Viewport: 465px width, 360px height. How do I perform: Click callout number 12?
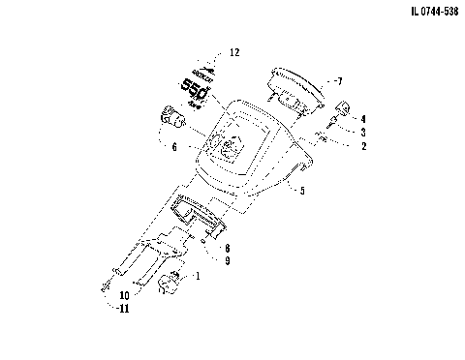coord(233,52)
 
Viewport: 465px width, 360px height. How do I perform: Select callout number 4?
coord(363,118)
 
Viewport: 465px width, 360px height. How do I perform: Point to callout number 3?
coord(363,132)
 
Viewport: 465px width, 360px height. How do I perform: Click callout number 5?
coord(302,192)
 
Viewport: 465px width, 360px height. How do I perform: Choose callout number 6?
coord(173,147)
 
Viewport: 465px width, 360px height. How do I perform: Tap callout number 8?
coord(227,248)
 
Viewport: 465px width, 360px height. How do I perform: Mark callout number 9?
coord(227,260)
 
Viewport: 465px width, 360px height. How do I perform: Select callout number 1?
coord(199,276)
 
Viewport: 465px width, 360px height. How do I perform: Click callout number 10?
coord(125,294)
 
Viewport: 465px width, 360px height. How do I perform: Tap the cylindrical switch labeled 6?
coord(173,120)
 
